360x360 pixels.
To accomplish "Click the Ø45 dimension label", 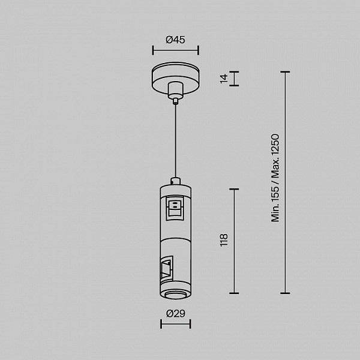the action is click(175, 40).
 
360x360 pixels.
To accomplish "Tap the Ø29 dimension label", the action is click(176, 313).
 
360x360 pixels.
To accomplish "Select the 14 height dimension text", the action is click(224, 79).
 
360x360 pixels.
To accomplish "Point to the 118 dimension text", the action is click(224, 240).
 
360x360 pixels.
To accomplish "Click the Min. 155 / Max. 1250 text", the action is click(275, 178).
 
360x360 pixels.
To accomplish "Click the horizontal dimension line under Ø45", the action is click(176, 50).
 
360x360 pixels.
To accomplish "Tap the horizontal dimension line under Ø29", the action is click(176, 324).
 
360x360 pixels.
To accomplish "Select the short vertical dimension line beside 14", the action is click(234, 79).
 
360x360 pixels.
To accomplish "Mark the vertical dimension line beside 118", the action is click(234, 241).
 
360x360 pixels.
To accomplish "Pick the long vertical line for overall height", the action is click(285, 182).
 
